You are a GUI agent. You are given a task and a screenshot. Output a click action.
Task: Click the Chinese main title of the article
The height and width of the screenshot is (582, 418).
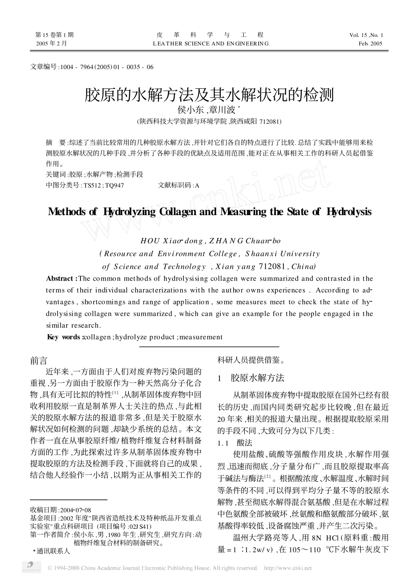coord(209,94)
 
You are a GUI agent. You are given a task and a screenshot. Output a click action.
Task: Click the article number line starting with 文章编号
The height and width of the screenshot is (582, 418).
coord(92,67)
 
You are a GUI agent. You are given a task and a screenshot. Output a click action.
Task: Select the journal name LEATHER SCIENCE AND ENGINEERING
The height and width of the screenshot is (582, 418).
coord(210,44)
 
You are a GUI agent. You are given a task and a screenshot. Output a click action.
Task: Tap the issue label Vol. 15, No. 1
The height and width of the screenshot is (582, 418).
coord(367,35)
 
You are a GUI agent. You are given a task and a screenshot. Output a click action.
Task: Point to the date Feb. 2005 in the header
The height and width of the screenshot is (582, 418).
coord(370,44)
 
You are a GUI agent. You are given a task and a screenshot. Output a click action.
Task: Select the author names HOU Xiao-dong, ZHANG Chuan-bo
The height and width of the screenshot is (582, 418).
coord(210,241)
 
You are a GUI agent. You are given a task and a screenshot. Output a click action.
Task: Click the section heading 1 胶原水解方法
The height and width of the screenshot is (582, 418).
coord(251,377)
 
